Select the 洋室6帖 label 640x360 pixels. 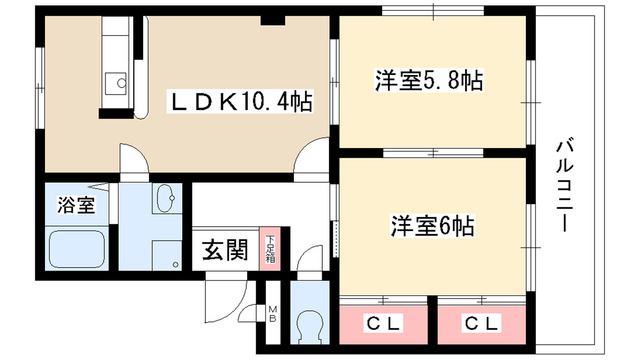431,225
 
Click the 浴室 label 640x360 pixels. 76,207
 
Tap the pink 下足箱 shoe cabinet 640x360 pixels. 269,248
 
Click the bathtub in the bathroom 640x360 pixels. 79,250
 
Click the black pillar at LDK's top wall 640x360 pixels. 269,18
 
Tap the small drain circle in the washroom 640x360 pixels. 175,265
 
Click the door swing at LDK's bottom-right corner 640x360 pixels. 314,160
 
